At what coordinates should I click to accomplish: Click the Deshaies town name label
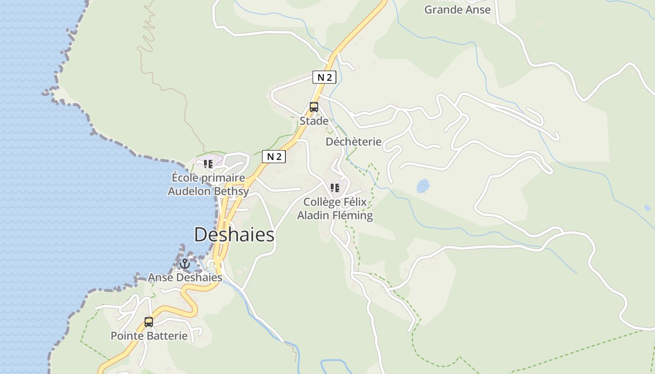(x=234, y=235)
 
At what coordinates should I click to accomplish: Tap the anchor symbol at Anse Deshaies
(x=185, y=264)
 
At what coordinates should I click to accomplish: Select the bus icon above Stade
(x=313, y=107)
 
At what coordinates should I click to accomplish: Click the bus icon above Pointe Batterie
(x=149, y=322)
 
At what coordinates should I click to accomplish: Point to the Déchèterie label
(x=354, y=142)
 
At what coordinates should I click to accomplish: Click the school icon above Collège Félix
(x=335, y=188)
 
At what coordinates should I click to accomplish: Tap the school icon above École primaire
(x=208, y=164)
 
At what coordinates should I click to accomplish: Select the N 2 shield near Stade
(x=324, y=78)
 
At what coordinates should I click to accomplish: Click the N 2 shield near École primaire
(x=274, y=157)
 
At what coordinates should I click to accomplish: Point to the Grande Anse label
(x=457, y=9)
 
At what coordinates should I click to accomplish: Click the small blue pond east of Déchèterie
(x=423, y=186)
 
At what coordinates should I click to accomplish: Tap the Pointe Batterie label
(x=149, y=336)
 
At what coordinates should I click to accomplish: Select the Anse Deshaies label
(x=185, y=278)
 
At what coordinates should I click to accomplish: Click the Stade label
(x=314, y=121)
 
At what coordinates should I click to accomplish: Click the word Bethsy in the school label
(x=232, y=191)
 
